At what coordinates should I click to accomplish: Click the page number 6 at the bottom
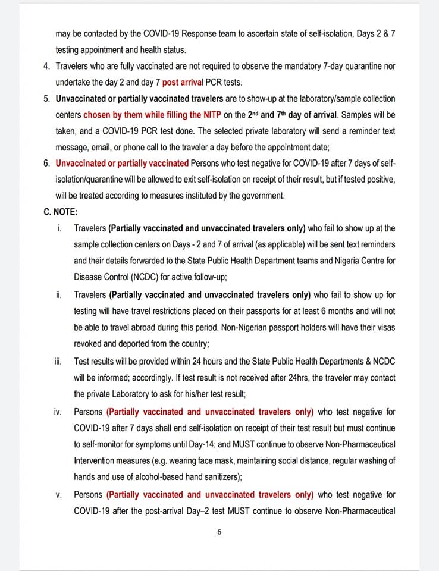[x=219, y=532]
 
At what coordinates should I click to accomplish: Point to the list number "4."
[x=47, y=66]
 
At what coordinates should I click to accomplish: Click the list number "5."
[x=47, y=98]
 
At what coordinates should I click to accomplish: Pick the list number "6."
[x=47, y=163]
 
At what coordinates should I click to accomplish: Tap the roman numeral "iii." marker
[x=58, y=361]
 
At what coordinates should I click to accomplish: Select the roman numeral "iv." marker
[x=58, y=412]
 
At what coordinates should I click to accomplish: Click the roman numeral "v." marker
[x=59, y=495]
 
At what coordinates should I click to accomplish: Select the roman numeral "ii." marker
[x=58, y=294]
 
